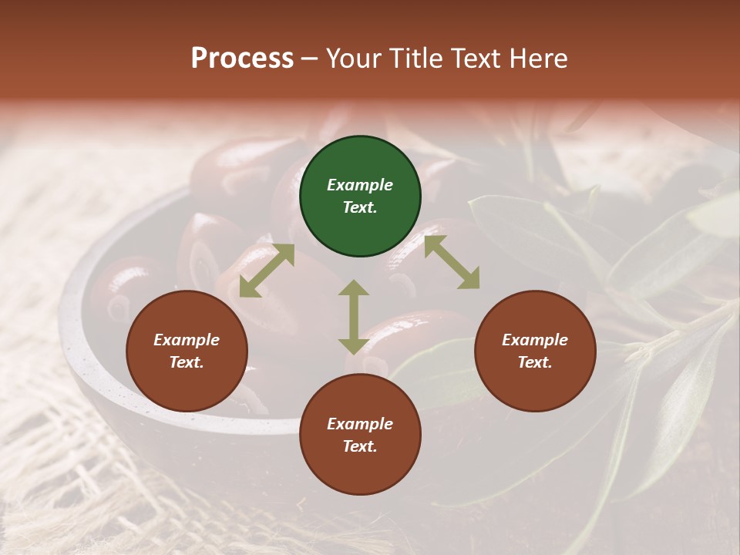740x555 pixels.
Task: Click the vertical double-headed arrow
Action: pyautogui.click(x=354, y=317)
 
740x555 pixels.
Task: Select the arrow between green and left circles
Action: pyautogui.click(x=267, y=271)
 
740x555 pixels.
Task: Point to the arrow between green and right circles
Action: pyautogui.click(x=452, y=262)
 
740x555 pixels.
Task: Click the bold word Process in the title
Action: pyautogui.click(x=242, y=59)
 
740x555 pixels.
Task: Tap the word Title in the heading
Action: pyautogui.click(x=417, y=59)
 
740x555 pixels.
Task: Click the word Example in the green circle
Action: pyautogui.click(x=360, y=185)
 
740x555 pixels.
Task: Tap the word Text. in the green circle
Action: pyautogui.click(x=360, y=208)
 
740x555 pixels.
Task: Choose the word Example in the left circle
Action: pyautogui.click(x=187, y=340)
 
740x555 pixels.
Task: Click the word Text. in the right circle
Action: pyautogui.click(x=535, y=362)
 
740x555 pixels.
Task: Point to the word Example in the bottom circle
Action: pyautogui.click(x=360, y=424)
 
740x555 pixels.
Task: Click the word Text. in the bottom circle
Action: pyautogui.click(x=360, y=446)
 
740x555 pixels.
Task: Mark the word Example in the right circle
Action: pyautogui.click(x=535, y=340)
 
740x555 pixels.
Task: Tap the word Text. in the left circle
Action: pyautogui.click(x=187, y=362)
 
